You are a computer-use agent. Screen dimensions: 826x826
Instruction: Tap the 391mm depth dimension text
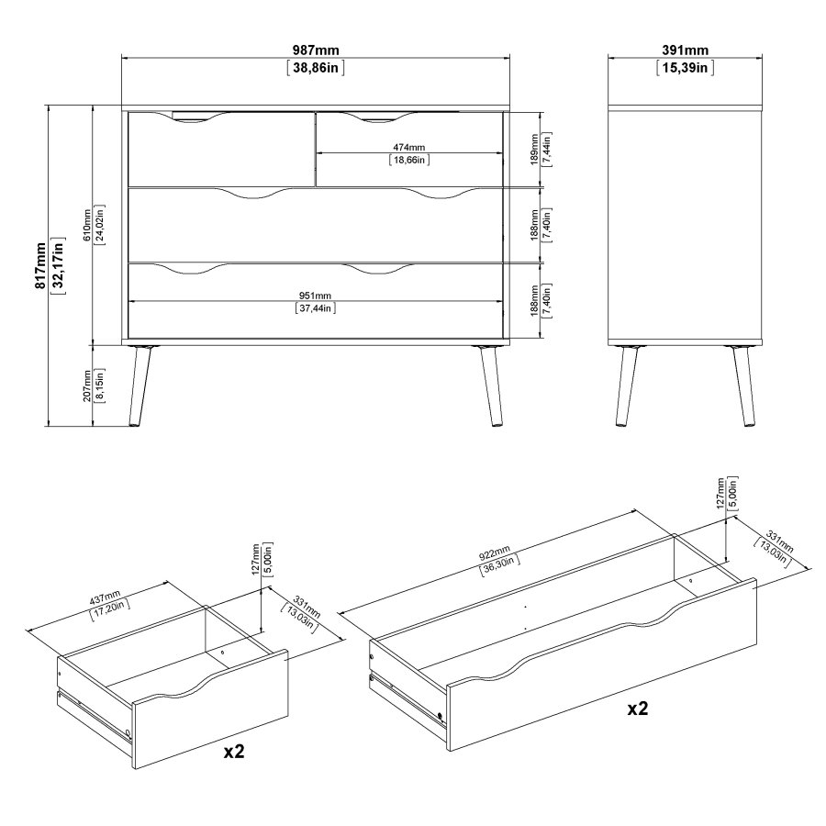(685, 50)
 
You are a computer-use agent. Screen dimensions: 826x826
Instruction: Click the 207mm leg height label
(86, 385)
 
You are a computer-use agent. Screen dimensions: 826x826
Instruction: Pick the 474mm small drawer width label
(408, 147)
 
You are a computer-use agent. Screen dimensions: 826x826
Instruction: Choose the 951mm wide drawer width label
(315, 296)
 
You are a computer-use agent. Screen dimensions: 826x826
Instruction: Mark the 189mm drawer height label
(535, 148)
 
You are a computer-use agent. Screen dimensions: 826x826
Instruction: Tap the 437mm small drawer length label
(106, 599)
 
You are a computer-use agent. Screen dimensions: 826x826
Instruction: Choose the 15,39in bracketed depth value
(685, 68)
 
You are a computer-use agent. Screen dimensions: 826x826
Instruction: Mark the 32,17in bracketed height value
(59, 265)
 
